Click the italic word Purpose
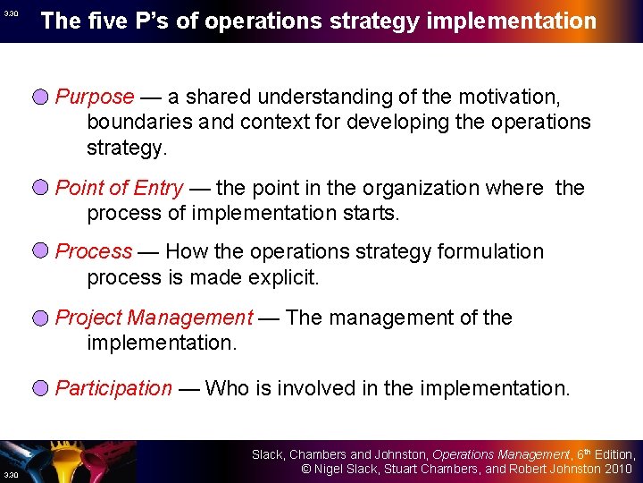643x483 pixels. point(95,97)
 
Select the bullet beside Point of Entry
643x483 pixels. point(41,188)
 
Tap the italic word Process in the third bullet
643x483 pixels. point(94,252)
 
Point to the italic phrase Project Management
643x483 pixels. point(154,318)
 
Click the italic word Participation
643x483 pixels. point(113,388)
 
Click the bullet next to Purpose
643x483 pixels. point(41,97)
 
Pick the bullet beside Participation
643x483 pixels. point(41,388)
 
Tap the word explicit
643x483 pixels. point(280,277)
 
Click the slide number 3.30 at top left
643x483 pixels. point(10,14)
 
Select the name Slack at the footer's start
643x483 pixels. point(266,454)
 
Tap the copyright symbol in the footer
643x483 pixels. point(305,469)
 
